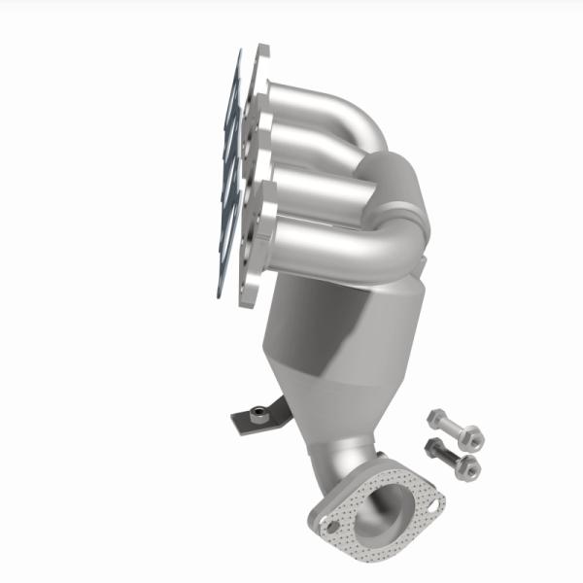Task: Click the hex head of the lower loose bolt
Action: coord(433,449)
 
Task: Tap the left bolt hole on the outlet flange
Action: coord(331,526)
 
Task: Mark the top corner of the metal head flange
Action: coord(260,49)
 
